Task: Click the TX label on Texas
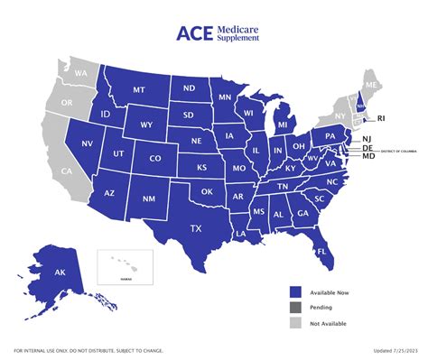(x=195, y=228)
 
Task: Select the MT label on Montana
(x=139, y=90)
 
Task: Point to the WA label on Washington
(x=80, y=72)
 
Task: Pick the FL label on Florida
(x=321, y=251)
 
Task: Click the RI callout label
(x=381, y=117)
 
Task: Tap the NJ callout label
(x=368, y=139)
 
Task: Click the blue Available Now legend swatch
(x=295, y=291)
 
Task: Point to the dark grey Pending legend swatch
(x=295, y=307)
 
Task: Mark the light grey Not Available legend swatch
(x=295, y=322)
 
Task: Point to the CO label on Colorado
(x=155, y=159)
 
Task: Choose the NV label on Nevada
(x=88, y=144)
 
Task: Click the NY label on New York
(x=340, y=116)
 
